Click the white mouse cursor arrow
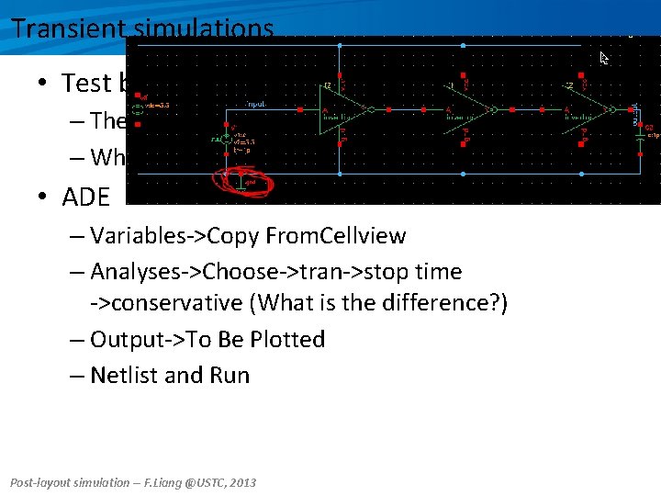[x=604, y=58]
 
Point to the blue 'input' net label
[x=256, y=105]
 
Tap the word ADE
[x=85, y=196]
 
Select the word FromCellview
[x=335, y=236]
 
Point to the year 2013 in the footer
[x=242, y=482]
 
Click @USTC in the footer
[x=198, y=482]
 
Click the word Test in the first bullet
[x=85, y=84]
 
